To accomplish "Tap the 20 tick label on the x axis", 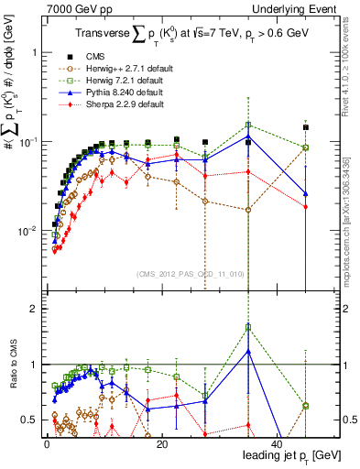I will pos(161,443).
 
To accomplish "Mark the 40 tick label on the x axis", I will pos(277,443).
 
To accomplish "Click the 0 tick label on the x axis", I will pos(46,443).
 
